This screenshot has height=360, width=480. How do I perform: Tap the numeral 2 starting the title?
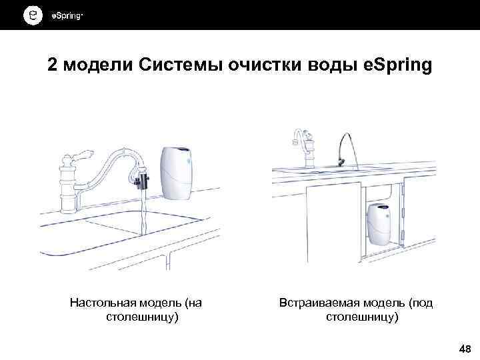[x=53, y=66]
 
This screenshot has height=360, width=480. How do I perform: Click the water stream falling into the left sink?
[x=142, y=213]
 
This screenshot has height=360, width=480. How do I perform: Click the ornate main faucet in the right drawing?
[x=305, y=150]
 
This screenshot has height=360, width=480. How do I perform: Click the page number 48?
[x=464, y=349]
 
